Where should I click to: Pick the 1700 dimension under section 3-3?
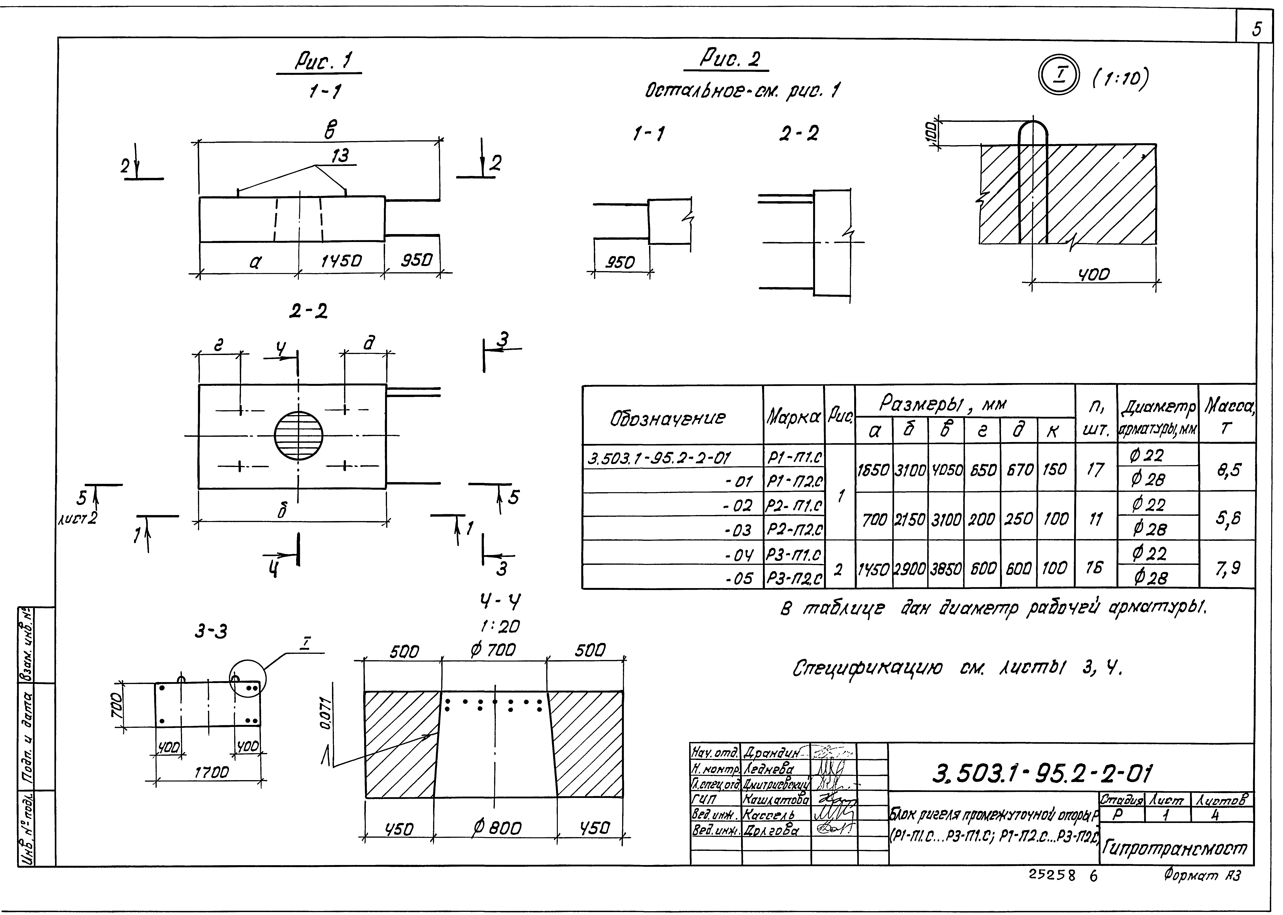point(211,772)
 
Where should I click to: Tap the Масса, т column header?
point(1228,414)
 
